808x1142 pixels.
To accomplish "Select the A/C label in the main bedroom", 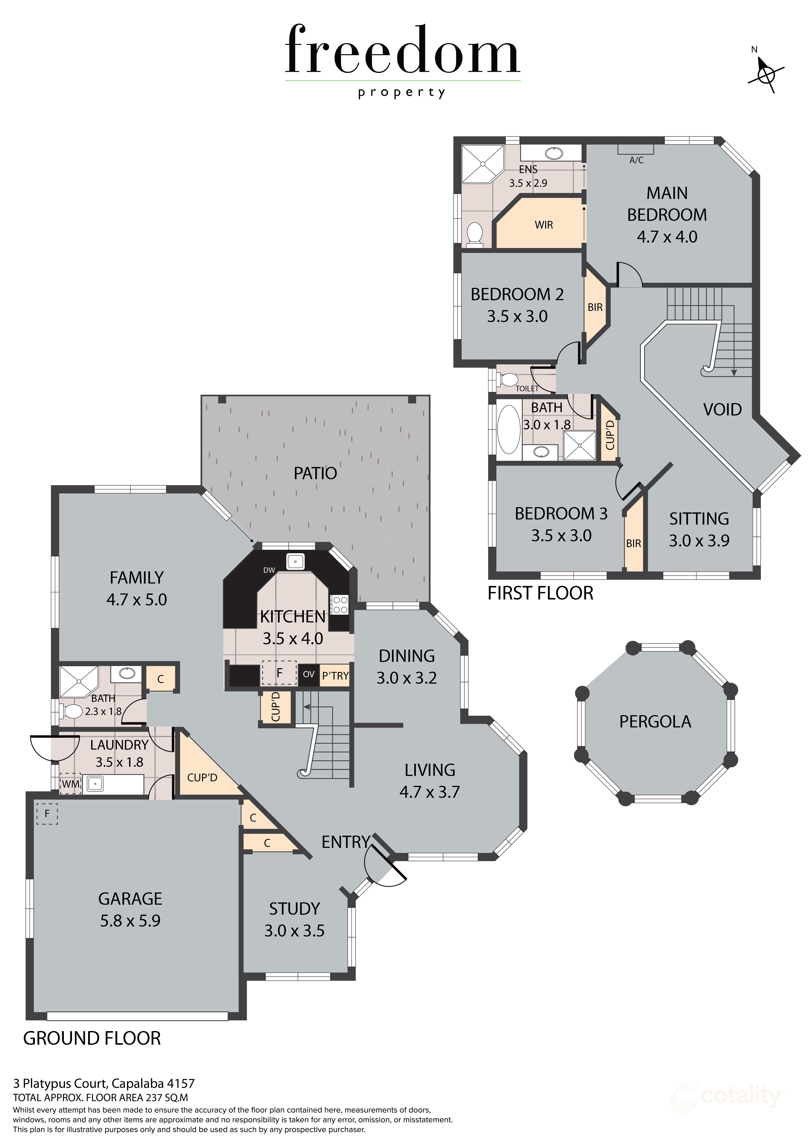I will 636,160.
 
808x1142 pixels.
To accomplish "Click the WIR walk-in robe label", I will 544,225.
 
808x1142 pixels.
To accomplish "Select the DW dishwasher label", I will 269,570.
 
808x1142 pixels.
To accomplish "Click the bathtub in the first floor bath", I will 509,430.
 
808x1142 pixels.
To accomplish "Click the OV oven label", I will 308,675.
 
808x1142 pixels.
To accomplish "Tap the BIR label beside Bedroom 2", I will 595,307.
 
